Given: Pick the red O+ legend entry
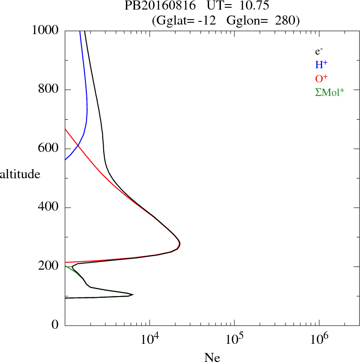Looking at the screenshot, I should (321, 78).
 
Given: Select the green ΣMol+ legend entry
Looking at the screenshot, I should (330, 92).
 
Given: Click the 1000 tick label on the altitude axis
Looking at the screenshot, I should (45, 30).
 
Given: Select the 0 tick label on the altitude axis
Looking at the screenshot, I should (55, 325).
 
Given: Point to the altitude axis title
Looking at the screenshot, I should (20, 174).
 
